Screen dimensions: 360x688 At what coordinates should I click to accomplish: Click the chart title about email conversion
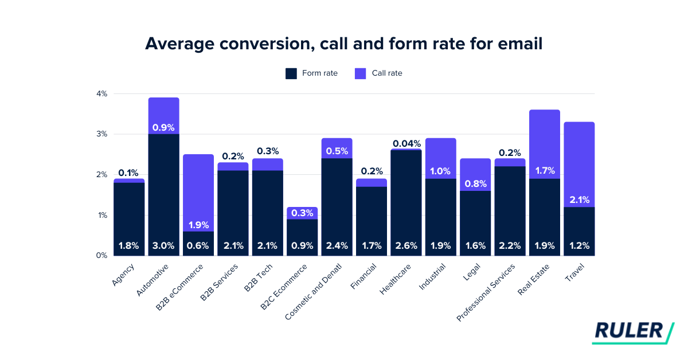click(343, 44)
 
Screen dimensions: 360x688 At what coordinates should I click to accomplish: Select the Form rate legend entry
click(311, 73)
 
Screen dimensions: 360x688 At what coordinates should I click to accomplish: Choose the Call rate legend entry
click(378, 73)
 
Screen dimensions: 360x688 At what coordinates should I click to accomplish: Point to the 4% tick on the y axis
click(101, 93)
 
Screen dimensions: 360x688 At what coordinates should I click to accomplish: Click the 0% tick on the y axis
click(101, 256)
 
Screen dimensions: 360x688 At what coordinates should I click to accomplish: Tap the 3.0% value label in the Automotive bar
click(163, 245)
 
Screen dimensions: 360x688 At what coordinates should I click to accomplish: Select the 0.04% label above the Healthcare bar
click(406, 143)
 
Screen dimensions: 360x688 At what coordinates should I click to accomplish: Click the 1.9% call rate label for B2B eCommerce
click(198, 225)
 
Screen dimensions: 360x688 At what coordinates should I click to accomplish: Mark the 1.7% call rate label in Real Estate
click(545, 170)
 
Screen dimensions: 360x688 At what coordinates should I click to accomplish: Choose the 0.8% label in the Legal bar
click(475, 184)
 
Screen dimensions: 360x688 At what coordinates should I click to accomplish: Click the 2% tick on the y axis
click(101, 175)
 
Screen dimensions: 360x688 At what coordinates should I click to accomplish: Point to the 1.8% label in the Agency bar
click(129, 245)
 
